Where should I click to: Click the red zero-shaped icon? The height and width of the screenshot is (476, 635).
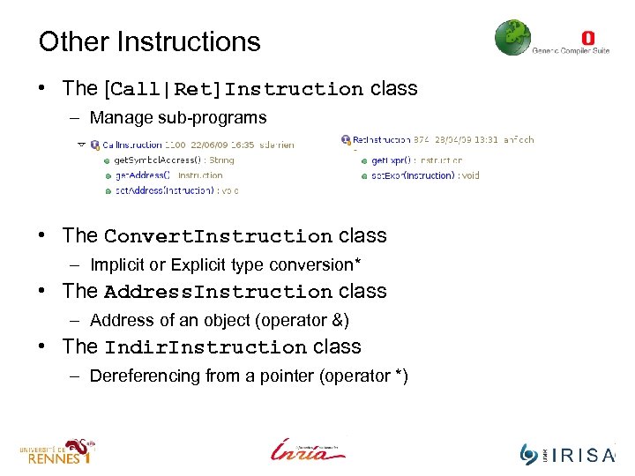588,38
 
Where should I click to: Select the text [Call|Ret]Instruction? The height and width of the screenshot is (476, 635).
234,89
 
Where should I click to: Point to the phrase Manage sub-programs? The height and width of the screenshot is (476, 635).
178,117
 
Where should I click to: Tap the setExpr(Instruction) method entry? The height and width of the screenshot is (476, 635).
424,175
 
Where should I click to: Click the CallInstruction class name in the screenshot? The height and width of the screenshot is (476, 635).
132,144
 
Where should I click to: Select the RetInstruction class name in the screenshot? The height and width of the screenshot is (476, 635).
381,139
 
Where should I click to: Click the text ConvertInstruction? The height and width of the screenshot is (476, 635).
218,236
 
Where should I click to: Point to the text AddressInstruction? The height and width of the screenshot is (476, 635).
218,292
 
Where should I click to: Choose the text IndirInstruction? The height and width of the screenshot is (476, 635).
205,347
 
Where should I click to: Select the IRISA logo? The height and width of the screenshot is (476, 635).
568,454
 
